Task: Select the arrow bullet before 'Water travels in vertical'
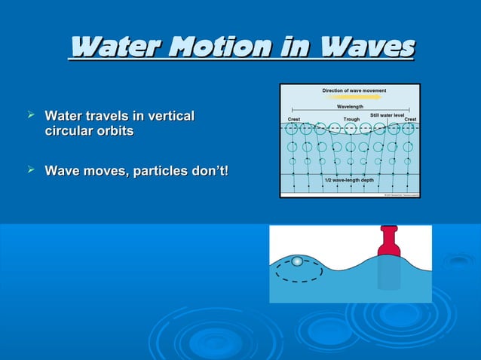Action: pyautogui.click(x=31, y=115)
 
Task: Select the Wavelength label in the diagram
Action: pyautogui.click(x=350, y=107)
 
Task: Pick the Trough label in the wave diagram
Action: pyautogui.click(x=351, y=119)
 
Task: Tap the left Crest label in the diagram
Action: pyautogui.click(x=296, y=119)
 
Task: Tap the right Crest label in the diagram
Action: pyautogui.click(x=410, y=119)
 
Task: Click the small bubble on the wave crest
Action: pyautogui.click(x=297, y=261)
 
